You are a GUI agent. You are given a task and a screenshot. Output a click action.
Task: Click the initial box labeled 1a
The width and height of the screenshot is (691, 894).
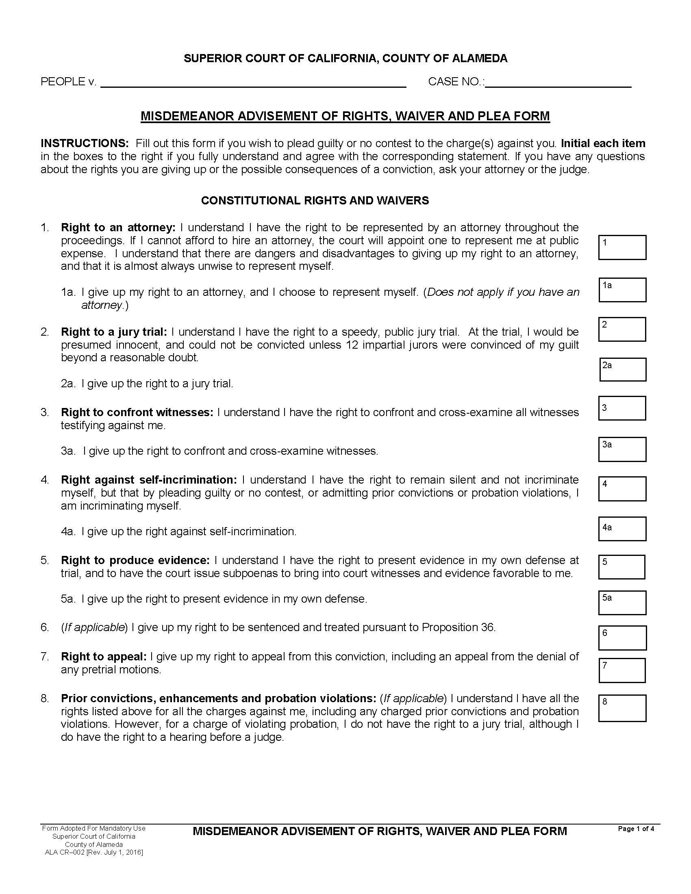[622, 290]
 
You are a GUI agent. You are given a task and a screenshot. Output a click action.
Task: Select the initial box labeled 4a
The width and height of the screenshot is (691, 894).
[622, 529]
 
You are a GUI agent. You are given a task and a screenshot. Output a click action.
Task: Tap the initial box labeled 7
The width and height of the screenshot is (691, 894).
[622, 670]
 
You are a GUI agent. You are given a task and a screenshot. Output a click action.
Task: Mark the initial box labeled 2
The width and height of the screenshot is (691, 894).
[622, 330]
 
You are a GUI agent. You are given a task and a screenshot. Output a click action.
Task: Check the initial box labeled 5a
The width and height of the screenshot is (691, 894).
[622, 603]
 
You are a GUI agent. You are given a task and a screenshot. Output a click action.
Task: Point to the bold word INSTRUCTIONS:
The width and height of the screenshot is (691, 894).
[85, 143]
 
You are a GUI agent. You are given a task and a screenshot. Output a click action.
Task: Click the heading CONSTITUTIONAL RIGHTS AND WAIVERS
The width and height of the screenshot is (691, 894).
[315, 201]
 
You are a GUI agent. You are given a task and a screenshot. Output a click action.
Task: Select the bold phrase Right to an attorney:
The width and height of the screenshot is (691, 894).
[118, 228]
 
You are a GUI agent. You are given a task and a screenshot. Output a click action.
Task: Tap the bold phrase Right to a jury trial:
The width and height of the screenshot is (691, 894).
[114, 332]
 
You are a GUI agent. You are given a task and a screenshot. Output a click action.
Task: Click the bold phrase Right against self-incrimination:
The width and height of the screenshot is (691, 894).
[149, 480]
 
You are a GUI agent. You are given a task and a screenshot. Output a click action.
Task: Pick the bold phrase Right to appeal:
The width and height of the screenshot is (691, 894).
[104, 657]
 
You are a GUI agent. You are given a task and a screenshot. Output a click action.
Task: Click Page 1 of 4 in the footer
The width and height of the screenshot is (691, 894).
[636, 829]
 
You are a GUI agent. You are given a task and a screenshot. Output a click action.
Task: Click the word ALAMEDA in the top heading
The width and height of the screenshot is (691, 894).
[479, 59]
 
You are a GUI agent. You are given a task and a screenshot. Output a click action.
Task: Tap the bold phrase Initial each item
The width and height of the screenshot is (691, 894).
[603, 143]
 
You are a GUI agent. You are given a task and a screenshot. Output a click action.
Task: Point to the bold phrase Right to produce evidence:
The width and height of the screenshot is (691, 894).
[135, 560]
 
